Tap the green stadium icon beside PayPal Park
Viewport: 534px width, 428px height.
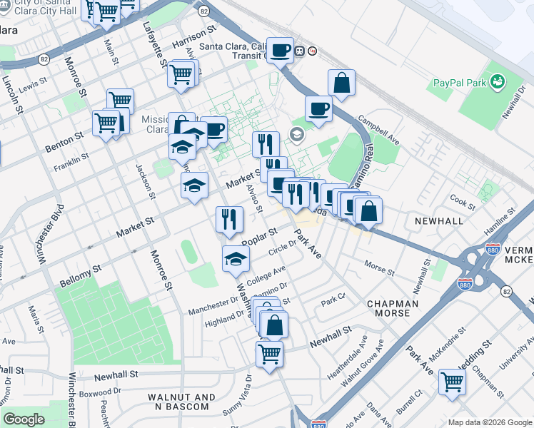pos(497,83)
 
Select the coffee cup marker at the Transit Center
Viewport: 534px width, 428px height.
pos(280,50)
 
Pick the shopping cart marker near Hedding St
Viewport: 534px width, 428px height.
pos(452,382)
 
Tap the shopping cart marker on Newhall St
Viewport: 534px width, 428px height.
pos(269,353)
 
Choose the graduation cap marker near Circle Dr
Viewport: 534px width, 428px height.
pos(236,260)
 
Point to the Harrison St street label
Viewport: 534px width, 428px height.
pos(193,40)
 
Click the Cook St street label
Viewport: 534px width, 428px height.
pos(463,203)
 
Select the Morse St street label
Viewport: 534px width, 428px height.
pos(379,267)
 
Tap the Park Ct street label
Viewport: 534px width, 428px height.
pos(333,296)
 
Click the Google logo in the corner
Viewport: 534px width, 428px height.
pos(24,419)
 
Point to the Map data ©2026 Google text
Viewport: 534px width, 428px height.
pos(489,422)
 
